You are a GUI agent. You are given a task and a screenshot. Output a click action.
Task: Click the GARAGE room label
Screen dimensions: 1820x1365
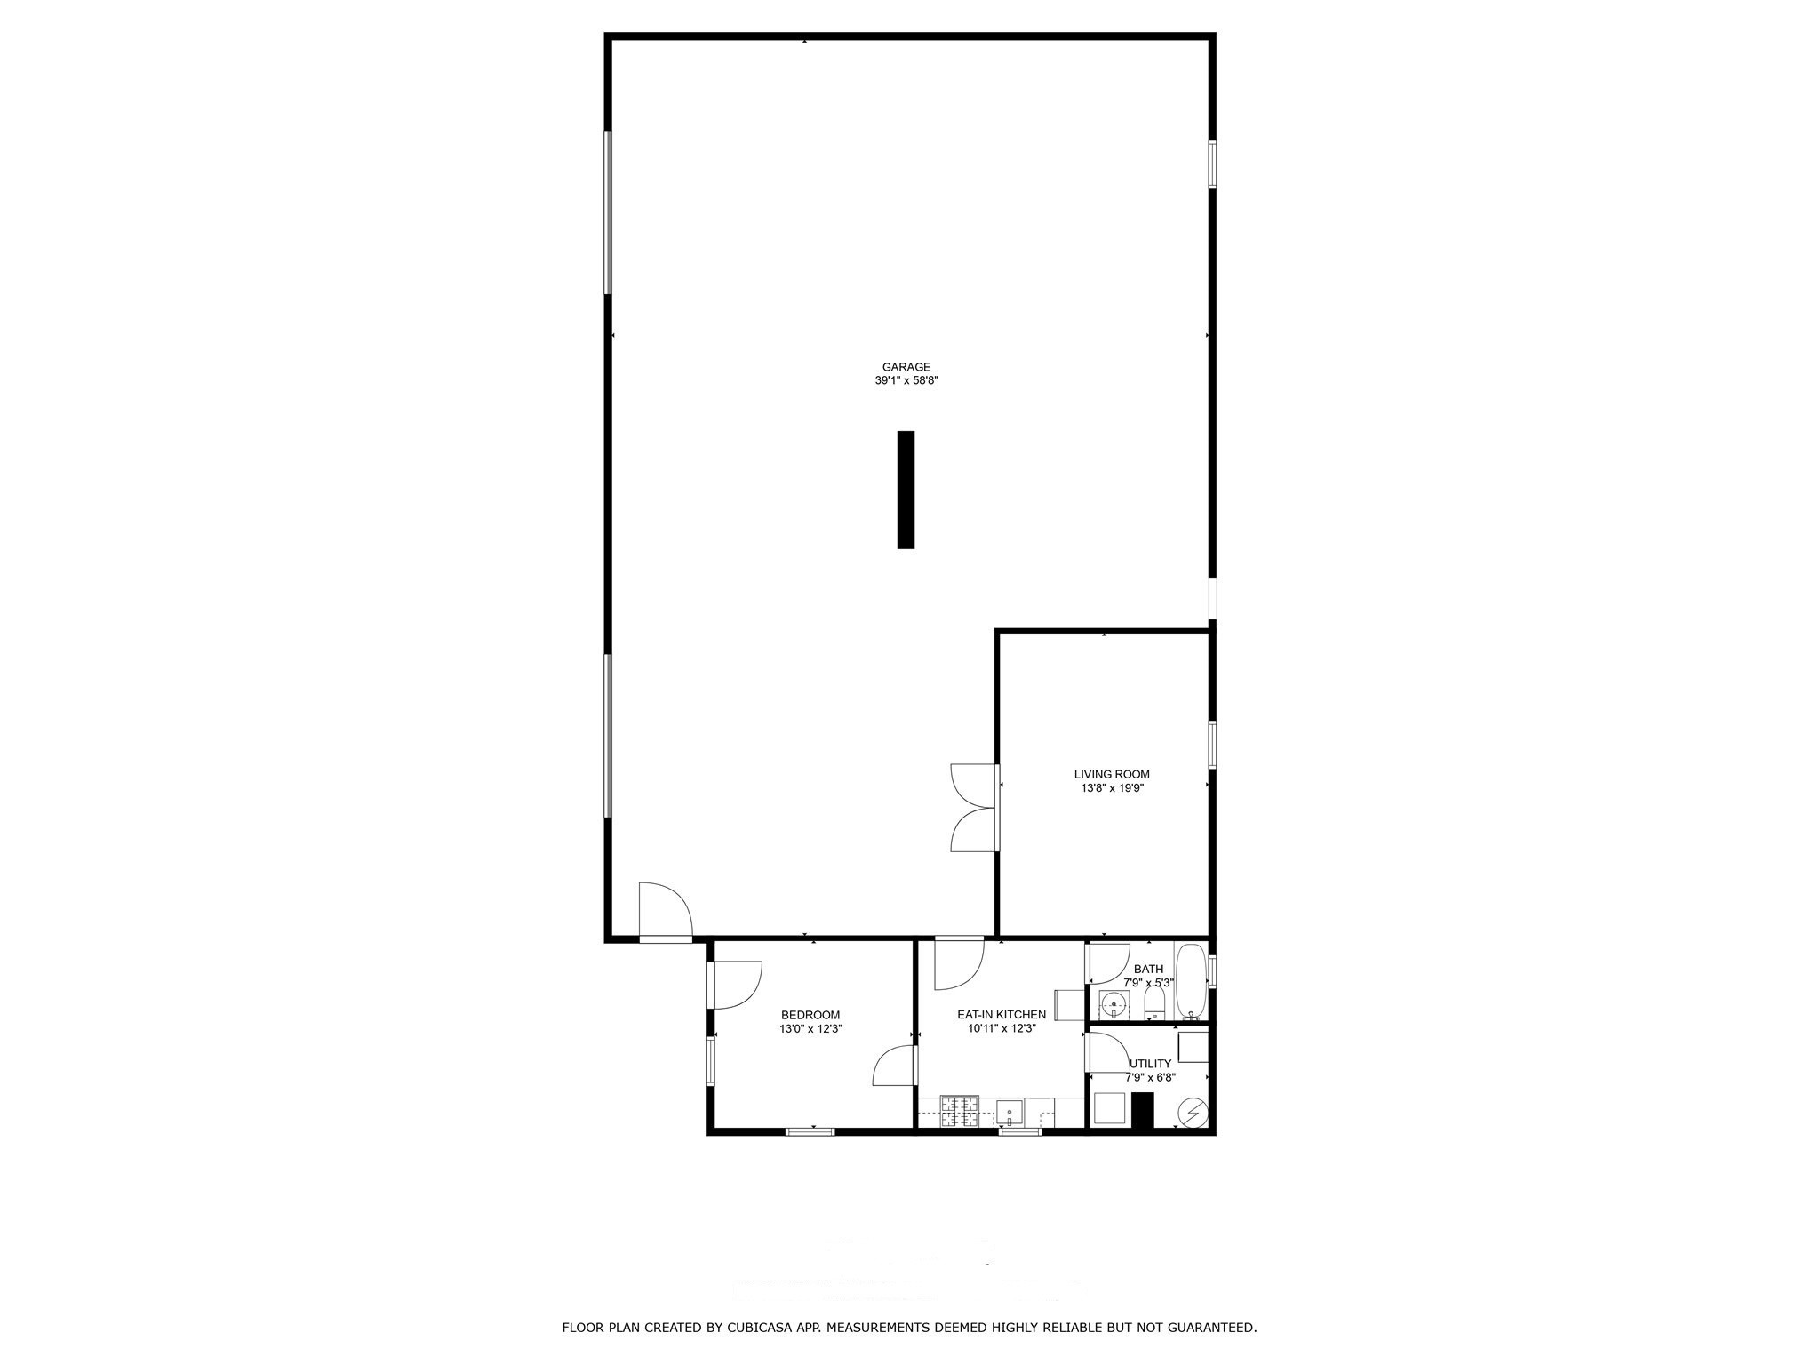pyautogui.click(x=906, y=367)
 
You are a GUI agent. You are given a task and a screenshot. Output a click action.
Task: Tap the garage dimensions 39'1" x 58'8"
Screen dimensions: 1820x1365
pyautogui.click(x=906, y=380)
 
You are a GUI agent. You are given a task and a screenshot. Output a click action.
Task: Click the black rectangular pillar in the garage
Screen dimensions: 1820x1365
pyautogui.click(x=906, y=490)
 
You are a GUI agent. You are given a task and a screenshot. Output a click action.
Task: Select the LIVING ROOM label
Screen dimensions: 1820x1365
pyautogui.click(x=1112, y=774)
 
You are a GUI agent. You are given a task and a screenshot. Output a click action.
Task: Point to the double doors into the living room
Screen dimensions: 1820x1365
pyautogui.click(x=974, y=809)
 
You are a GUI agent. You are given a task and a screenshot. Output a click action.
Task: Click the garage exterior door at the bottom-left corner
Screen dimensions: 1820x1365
pyautogui.click(x=665, y=912)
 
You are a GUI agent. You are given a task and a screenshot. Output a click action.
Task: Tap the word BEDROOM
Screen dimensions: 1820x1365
pyautogui.click(x=810, y=1015)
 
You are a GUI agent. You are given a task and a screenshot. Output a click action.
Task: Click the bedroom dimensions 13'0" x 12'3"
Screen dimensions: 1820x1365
pyautogui.click(x=810, y=1029)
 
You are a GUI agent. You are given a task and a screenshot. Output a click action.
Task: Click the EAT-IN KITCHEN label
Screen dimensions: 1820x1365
pyautogui.click(x=1002, y=1014)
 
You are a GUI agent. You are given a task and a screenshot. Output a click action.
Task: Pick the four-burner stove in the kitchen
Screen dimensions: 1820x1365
pyautogui.click(x=960, y=1112)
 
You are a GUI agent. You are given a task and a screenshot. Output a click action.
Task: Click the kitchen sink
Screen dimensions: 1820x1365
pyautogui.click(x=1010, y=1113)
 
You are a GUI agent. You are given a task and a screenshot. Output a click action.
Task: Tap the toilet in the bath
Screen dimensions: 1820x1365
pyautogui.click(x=1154, y=1005)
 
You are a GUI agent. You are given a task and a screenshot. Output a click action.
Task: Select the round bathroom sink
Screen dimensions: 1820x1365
pyautogui.click(x=1113, y=1006)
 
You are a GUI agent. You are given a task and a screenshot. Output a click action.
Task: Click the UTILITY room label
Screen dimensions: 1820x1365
pyautogui.click(x=1151, y=1064)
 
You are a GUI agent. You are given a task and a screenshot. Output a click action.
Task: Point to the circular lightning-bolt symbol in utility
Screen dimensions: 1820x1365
pyautogui.click(x=1193, y=1113)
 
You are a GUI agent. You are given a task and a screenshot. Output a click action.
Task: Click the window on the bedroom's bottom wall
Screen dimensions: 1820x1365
pyautogui.click(x=810, y=1131)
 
